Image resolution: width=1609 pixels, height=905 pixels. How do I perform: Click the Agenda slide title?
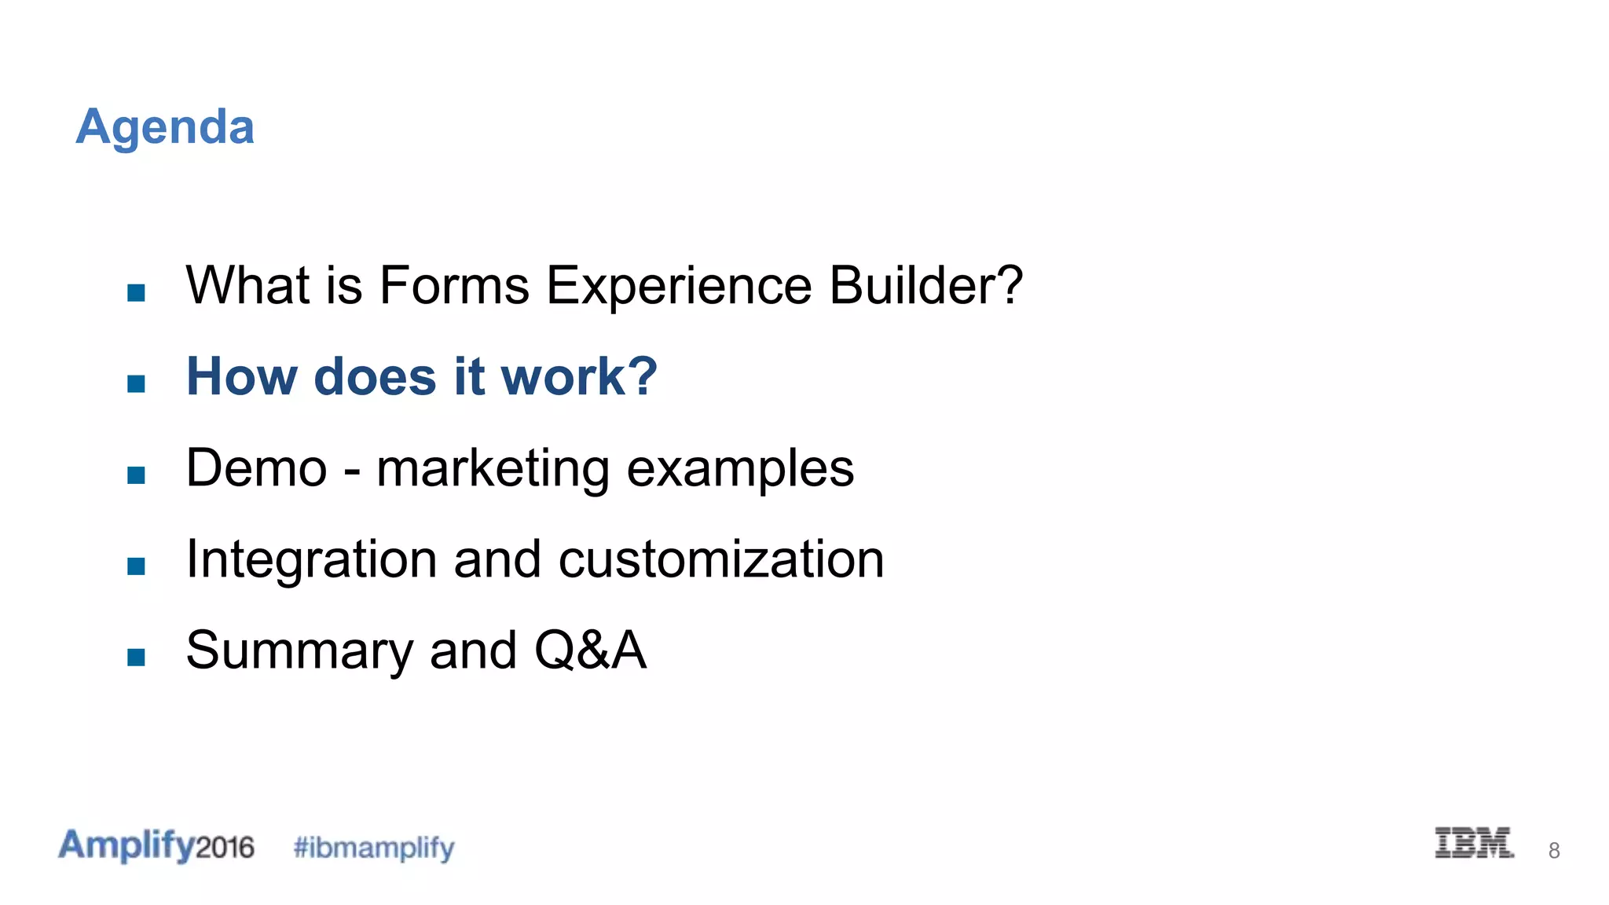click(x=165, y=126)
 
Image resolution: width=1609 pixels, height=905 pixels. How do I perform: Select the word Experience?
click(x=679, y=286)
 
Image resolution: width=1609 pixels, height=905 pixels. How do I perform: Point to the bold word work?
click(x=579, y=376)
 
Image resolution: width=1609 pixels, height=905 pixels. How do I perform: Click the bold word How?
click(x=241, y=376)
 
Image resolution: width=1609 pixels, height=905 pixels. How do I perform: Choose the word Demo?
click(x=256, y=468)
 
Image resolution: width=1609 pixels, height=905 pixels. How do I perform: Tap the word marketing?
click(x=493, y=470)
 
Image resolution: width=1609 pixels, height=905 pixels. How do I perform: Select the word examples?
click(x=740, y=470)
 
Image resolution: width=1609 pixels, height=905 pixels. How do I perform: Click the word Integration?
click(x=311, y=560)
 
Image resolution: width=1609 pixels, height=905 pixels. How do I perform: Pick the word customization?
click(x=721, y=560)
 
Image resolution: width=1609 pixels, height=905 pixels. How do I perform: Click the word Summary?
click(x=299, y=652)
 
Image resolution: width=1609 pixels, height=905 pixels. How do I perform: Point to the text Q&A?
click(x=590, y=651)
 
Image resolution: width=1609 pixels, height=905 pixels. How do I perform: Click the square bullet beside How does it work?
click(x=136, y=383)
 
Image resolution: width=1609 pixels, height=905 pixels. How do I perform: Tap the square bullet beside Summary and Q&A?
click(x=136, y=657)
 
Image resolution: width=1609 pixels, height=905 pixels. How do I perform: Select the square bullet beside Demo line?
click(x=136, y=474)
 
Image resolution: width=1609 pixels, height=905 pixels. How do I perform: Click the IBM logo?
click(x=1474, y=843)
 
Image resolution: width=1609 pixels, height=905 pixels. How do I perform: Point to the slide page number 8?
click(x=1553, y=850)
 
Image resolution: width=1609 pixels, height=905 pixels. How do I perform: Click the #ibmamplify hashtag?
click(x=374, y=848)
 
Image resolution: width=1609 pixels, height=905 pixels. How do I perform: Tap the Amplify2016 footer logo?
click(x=156, y=845)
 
